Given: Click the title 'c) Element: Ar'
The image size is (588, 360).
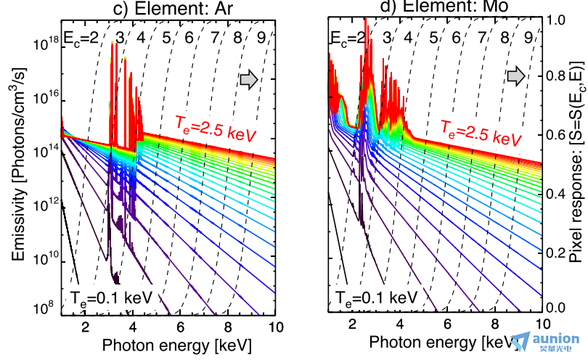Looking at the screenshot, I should (x=168, y=8).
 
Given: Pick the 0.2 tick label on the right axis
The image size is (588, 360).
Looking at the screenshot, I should (x=555, y=250).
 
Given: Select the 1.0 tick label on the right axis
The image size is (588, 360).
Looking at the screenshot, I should (x=555, y=20).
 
